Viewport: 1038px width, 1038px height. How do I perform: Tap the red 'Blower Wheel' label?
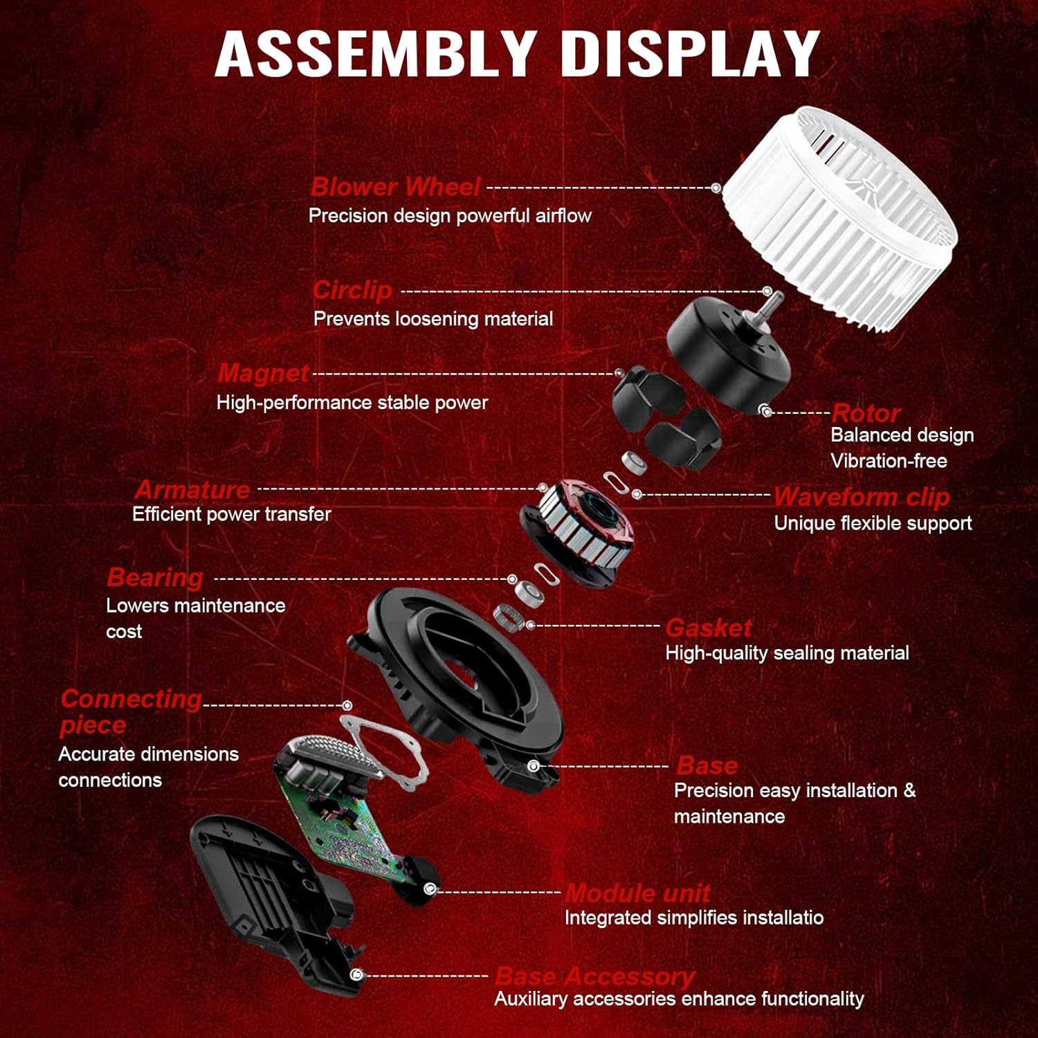pos(395,187)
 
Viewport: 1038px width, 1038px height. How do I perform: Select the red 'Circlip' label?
pos(352,290)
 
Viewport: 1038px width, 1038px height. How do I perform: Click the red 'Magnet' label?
pos(263,373)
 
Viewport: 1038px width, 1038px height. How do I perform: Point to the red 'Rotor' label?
pos(866,413)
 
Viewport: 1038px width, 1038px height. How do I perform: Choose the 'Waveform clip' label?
pos(862,497)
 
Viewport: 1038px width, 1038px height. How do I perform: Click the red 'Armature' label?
pos(192,490)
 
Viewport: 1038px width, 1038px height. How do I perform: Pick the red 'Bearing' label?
pos(155,577)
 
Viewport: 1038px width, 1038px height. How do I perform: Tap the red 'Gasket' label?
pos(709,628)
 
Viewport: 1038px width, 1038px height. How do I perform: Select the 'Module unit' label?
pos(637,893)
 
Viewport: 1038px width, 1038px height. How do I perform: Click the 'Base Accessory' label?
pos(595,976)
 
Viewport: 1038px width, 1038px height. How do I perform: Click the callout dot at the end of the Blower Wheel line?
pos(716,188)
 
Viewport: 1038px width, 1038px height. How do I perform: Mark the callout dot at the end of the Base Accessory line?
pos(356,975)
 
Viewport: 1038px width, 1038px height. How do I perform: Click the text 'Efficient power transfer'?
pos(232,514)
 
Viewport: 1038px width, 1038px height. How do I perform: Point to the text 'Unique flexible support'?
pos(873,523)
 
